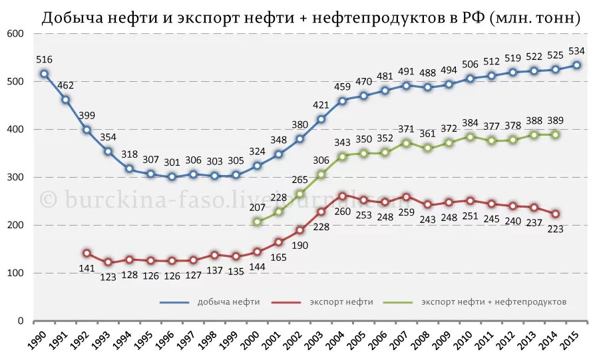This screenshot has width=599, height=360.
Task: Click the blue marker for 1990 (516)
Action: coord(44,74)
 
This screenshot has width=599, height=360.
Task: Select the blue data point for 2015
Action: coord(577,65)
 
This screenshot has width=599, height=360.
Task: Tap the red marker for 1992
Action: coord(87,254)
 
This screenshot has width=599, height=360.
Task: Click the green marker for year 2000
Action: coord(258,222)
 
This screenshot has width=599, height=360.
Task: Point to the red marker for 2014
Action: coord(556,214)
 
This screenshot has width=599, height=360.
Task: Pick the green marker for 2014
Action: coord(556,134)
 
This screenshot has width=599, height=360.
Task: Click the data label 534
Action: coord(577,51)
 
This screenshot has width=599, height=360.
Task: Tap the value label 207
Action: coord(258,207)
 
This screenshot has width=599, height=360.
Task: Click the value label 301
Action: coord(172,162)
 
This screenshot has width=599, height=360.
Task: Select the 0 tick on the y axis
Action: coord(20,321)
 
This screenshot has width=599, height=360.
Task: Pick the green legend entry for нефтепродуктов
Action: coord(493,302)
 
